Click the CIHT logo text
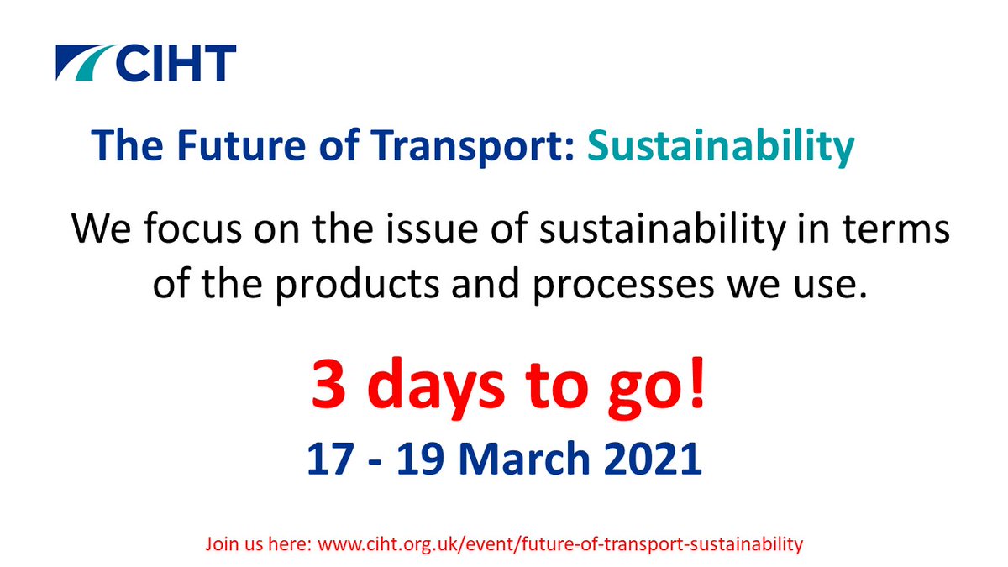pyautogui.click(x=176, y=63)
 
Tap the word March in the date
pyautogui.click(x=535, y=459)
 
